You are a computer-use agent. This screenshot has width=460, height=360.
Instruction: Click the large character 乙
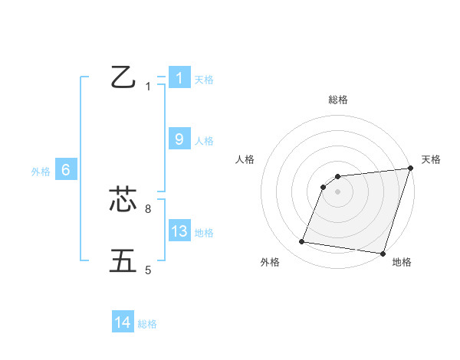pyautogui.click(x=123, y=77)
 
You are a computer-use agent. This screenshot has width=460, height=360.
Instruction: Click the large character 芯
pyautogui.click(x=123, y=200)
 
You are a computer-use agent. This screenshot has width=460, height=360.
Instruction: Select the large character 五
pyautogui.click(x=123, y=260)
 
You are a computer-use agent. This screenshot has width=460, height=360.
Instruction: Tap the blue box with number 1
pyautogui.click(x=179, y=78)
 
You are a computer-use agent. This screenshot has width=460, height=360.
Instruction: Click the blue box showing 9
pyautogui.click(x=179, y=139)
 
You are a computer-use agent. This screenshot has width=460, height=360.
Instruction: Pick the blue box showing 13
pyautogui.click(x=179, y=231)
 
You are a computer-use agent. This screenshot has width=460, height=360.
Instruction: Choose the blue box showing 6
pyautogui.click(x=66, y=170)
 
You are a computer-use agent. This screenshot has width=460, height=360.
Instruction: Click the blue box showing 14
pyautogui.click(x=123, y=323)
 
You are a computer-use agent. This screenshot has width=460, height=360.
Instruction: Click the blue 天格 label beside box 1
pyautogui.click(x=204, y=79)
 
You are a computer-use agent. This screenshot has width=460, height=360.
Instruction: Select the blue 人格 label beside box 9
pyautogui.click(x=204, y=140)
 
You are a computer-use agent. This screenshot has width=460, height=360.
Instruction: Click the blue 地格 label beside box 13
pyautogui.click(x=204, y=232)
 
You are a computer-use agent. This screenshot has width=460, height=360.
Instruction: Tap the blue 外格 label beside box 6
pyautogui.click(x=41, y=172)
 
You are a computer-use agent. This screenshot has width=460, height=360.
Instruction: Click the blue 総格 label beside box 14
pyautogui.click(x=147, y=324)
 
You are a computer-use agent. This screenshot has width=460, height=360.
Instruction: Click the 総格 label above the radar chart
pyautogui.click(x=338, y=100)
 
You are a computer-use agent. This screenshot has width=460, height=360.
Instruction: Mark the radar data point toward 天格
pyautogui.click(x=410, y=169)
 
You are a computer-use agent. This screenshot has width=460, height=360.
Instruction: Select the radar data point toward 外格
pyautogui.click(x=302, y=242)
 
